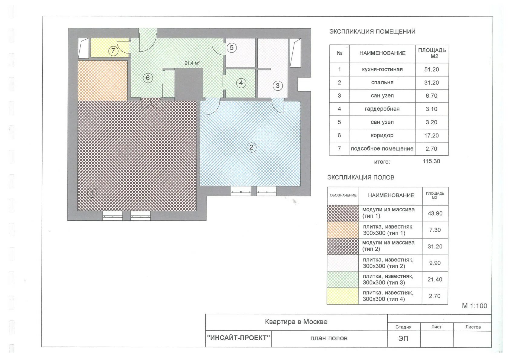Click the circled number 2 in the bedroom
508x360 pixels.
(x=251, y=148)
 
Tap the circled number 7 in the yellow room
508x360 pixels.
(x=113, y=51)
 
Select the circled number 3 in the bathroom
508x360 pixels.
(x=278, y=86)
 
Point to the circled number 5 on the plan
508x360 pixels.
(x=232, y=48)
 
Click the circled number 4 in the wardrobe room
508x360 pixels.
(x=241, y=83)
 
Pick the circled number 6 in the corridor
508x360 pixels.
(x=148, y=78)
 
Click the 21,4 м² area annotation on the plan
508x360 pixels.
(x=192, y=63)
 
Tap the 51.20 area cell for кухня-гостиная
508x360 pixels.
(x=431, y=70)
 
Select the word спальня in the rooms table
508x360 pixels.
(x=382, y=83)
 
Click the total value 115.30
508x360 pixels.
(x=431, y=161)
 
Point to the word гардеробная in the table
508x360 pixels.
(x=382, y=109)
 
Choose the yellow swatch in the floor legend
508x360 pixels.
(x=343, y=296)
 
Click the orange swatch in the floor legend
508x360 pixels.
(x=343, y=230)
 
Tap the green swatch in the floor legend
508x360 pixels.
(x=343, y=280)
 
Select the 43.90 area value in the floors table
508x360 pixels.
(x=435, y=213)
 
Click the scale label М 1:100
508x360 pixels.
(x=474, y=306)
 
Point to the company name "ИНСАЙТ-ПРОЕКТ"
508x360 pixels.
(x=238, y=338)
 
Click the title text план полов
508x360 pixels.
(x=329, y=338)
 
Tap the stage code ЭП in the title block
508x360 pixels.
(x=403, y=339)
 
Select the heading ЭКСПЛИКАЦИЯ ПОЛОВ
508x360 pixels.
(x=360, y=177)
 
